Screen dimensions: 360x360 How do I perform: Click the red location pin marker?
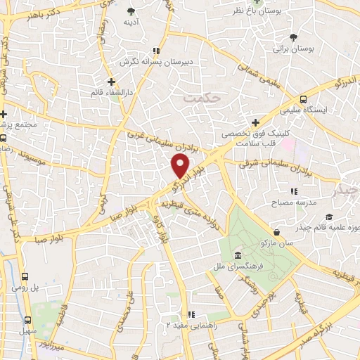click(x=181, y=166)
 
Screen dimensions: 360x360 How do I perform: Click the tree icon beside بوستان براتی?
click(x=292, y=38)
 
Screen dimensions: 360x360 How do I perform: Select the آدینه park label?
click(x=131, y=22)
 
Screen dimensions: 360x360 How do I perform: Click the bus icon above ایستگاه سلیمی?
click(x=303, y=99)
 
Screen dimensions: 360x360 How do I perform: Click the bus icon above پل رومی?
click(x=25, y=277)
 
